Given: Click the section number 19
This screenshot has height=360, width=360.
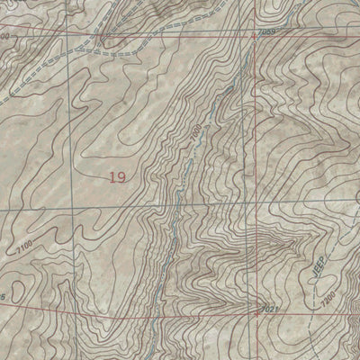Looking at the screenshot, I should coord(116,177).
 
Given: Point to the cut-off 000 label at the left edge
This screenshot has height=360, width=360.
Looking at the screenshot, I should coord(7,37).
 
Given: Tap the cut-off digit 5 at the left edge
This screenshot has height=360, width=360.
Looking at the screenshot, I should coord(4,296).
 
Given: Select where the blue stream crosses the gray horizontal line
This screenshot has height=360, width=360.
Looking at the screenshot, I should coord(170,210).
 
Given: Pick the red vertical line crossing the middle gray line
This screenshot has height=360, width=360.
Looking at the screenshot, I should coord(253,210).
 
